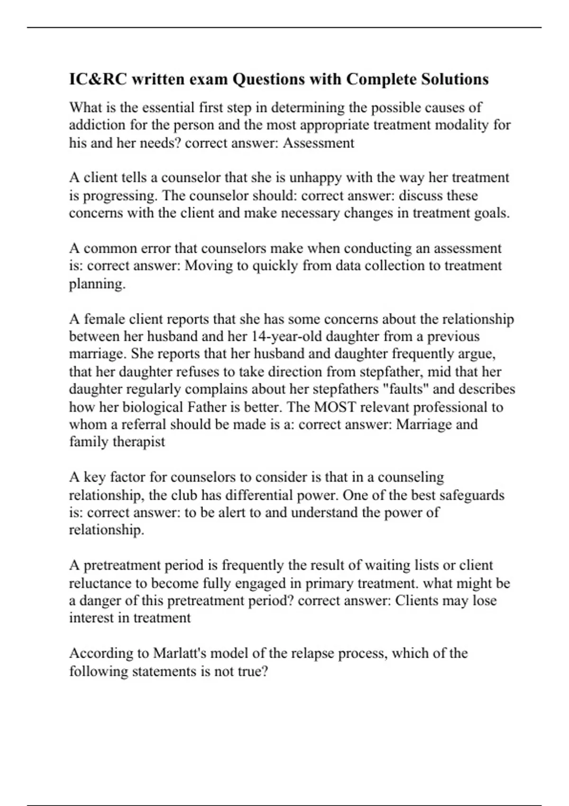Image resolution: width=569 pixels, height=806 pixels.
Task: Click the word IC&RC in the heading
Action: (98, 79)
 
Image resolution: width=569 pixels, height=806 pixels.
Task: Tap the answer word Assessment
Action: (318, 143)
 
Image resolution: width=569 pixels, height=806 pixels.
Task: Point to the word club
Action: (184, 495)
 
